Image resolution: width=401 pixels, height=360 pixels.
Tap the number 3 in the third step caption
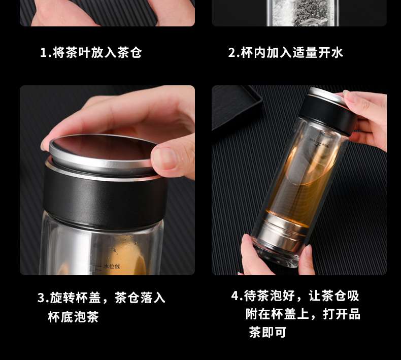tap(41, 298)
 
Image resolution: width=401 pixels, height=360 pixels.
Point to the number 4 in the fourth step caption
tap(235, 296)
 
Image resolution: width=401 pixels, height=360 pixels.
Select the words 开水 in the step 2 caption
tap(330, 52)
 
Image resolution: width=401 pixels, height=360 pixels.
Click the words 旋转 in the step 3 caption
tap(62, 298)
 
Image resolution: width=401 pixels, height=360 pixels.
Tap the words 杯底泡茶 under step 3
tap(73, 317)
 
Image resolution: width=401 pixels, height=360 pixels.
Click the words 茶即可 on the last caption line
tap(268, 332)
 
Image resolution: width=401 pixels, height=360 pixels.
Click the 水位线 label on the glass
tap(112, 267)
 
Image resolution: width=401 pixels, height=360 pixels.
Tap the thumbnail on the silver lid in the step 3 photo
tap(166, 158)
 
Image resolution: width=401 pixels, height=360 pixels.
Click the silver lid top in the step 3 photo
tap(103, 151)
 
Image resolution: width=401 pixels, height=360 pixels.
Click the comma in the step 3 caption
tap(107, 302)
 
